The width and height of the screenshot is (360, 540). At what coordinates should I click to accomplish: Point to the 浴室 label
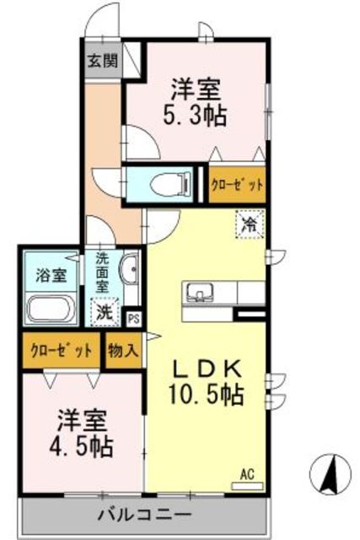coord(51,275)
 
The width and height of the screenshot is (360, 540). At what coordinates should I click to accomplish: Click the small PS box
coord(133,318)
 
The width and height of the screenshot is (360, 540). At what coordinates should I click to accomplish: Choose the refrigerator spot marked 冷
coord(249,224)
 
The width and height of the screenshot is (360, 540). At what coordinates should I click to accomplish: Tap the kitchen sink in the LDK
coord(201,293)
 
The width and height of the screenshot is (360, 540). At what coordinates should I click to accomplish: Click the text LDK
coord(209,368)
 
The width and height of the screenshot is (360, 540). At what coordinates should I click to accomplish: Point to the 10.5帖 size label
coord(209,393)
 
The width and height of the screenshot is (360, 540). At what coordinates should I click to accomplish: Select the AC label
coord(247,473)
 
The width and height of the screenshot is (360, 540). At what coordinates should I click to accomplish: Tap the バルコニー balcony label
coord(144,514)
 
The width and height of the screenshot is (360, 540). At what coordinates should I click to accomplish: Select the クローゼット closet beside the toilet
coord(237,184)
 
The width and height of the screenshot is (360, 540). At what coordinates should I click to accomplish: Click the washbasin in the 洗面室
coord(129,272)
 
